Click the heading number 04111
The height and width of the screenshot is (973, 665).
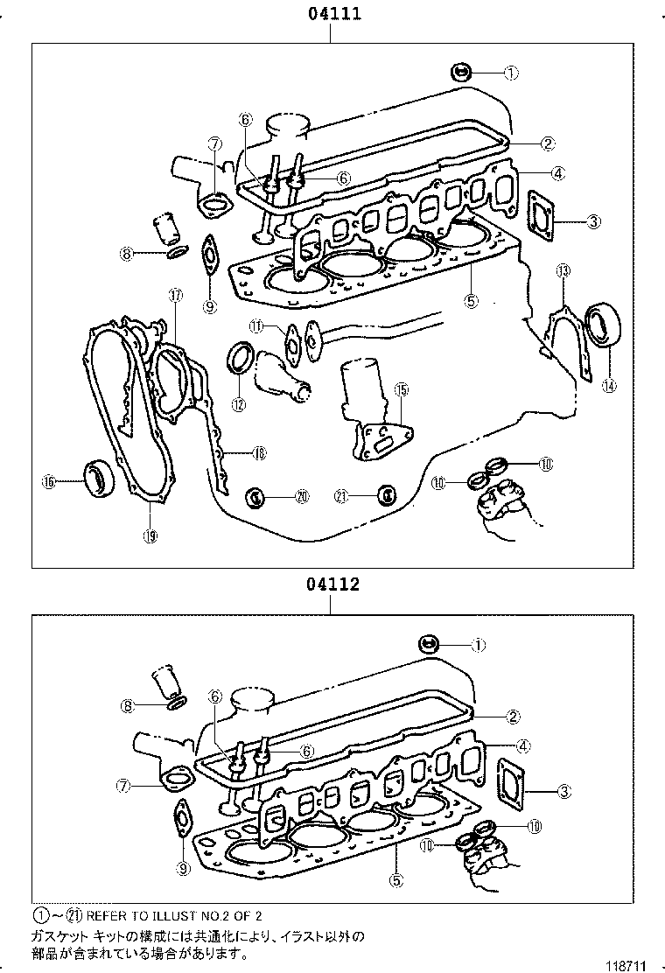point(332,14)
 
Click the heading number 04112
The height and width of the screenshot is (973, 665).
point(332,584)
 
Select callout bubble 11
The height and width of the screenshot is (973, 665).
point(255,326)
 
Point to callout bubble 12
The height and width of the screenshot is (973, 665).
point(239,403)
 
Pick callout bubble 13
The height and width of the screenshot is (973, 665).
point(563,271)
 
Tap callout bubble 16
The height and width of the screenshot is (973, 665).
point(49,480)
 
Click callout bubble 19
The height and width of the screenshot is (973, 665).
point(150,535)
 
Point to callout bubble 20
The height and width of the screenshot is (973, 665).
point(302,496)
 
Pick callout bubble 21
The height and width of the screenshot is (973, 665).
point(342,496)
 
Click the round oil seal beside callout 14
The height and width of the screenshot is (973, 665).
point(601,323)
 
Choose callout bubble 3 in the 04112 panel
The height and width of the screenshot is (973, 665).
point(564,792)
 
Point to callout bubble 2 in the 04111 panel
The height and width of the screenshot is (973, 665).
point(547,143)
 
